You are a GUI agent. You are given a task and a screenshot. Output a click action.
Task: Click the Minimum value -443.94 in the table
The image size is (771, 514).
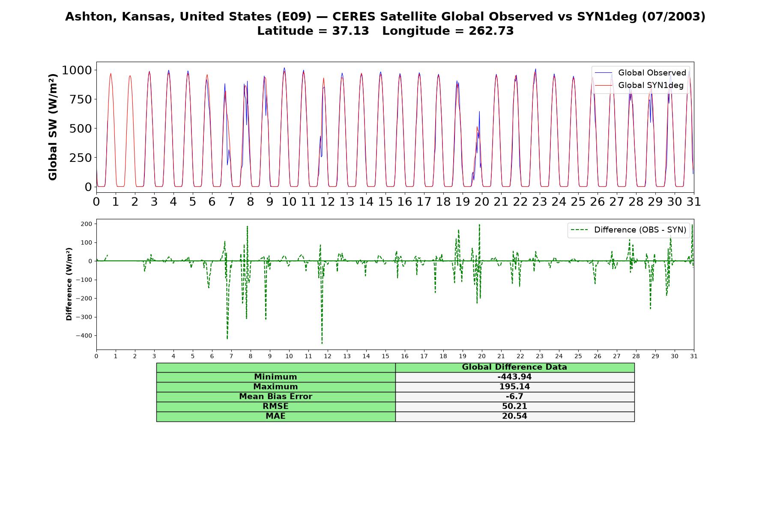tap(514, 377)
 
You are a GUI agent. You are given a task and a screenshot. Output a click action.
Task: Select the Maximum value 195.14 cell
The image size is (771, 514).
tap(514, 387)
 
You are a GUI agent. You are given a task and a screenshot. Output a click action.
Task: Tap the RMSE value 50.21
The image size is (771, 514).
tap(514, 406)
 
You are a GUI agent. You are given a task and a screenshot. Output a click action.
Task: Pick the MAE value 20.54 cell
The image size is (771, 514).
tap(514, 416)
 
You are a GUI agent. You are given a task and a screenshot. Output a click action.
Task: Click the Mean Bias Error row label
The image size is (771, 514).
tap(275, 397)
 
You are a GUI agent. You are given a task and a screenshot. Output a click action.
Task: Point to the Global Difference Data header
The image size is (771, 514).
tap(514, 367)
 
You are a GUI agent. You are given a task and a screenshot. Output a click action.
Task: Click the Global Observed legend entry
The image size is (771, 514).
tap(640, 73)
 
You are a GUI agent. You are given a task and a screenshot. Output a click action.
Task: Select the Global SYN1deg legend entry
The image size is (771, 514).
tap(639, 86)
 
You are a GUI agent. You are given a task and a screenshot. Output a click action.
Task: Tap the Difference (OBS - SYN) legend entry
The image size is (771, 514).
tap(628, 230)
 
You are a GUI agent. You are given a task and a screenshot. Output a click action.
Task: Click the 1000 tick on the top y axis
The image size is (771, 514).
tap(77, 70)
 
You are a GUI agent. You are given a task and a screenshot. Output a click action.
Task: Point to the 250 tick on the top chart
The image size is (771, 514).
tap(81, 158)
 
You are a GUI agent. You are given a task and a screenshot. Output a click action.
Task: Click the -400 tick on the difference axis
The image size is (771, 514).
tap(84, 336)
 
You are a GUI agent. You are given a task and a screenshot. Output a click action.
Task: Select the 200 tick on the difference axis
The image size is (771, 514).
tap(87, 224)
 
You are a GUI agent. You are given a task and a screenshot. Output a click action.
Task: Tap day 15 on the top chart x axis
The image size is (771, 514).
tap(385, 202)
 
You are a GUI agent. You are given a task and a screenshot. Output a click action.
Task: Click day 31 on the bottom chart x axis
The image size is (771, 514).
tap(694, 356)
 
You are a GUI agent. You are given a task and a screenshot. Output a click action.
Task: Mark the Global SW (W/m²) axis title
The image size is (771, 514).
tap(53, 127)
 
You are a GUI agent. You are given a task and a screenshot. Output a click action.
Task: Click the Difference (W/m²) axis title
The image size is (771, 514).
tap(69, 284)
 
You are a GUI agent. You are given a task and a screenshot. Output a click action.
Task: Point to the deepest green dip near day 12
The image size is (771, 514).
tap(322, 343)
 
